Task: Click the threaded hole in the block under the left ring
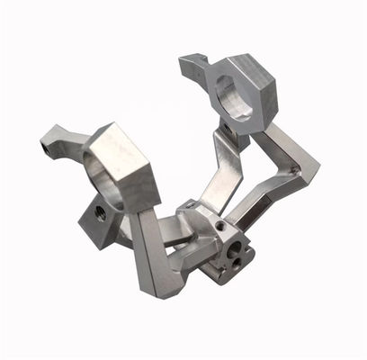click(101, 214)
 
